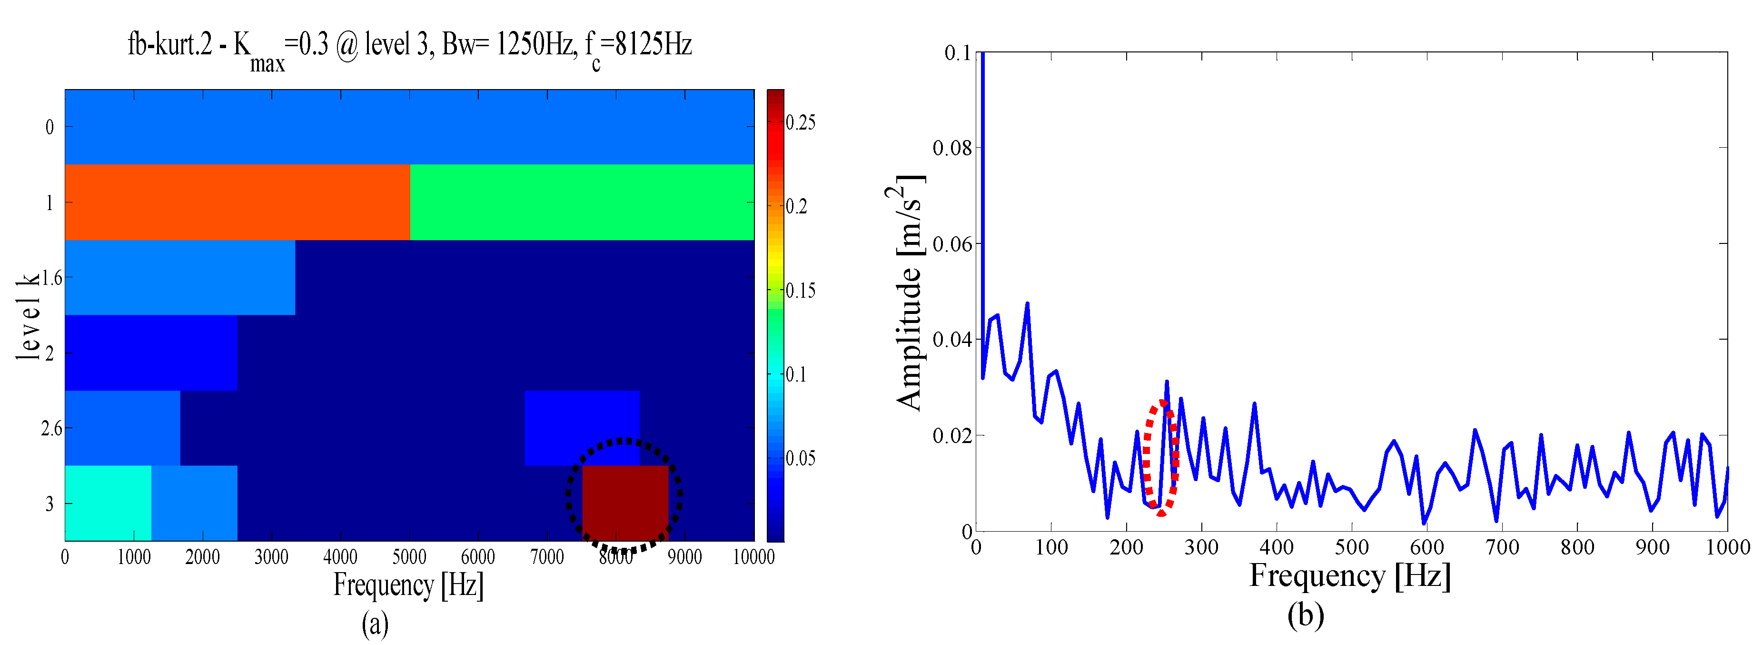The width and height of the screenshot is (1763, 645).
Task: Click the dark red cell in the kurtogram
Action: pos(625,503)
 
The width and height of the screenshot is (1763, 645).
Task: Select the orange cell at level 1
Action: pos(238,202)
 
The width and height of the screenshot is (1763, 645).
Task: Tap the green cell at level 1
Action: pos(582,202)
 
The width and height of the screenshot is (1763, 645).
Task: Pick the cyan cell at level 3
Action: pos(108,503)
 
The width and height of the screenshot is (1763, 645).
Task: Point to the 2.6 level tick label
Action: pos(51,429)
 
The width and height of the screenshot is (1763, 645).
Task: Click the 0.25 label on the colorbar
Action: pos(801,123)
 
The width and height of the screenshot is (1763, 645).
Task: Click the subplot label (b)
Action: pos(1305,614)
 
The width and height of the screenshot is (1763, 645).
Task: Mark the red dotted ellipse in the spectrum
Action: pos(1161,457)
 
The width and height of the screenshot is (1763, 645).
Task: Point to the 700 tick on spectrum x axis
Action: pos(1502,547)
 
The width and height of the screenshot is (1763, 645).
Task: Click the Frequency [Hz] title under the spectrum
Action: pos(1350,575)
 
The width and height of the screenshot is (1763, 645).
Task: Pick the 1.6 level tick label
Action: pos(52,278)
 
